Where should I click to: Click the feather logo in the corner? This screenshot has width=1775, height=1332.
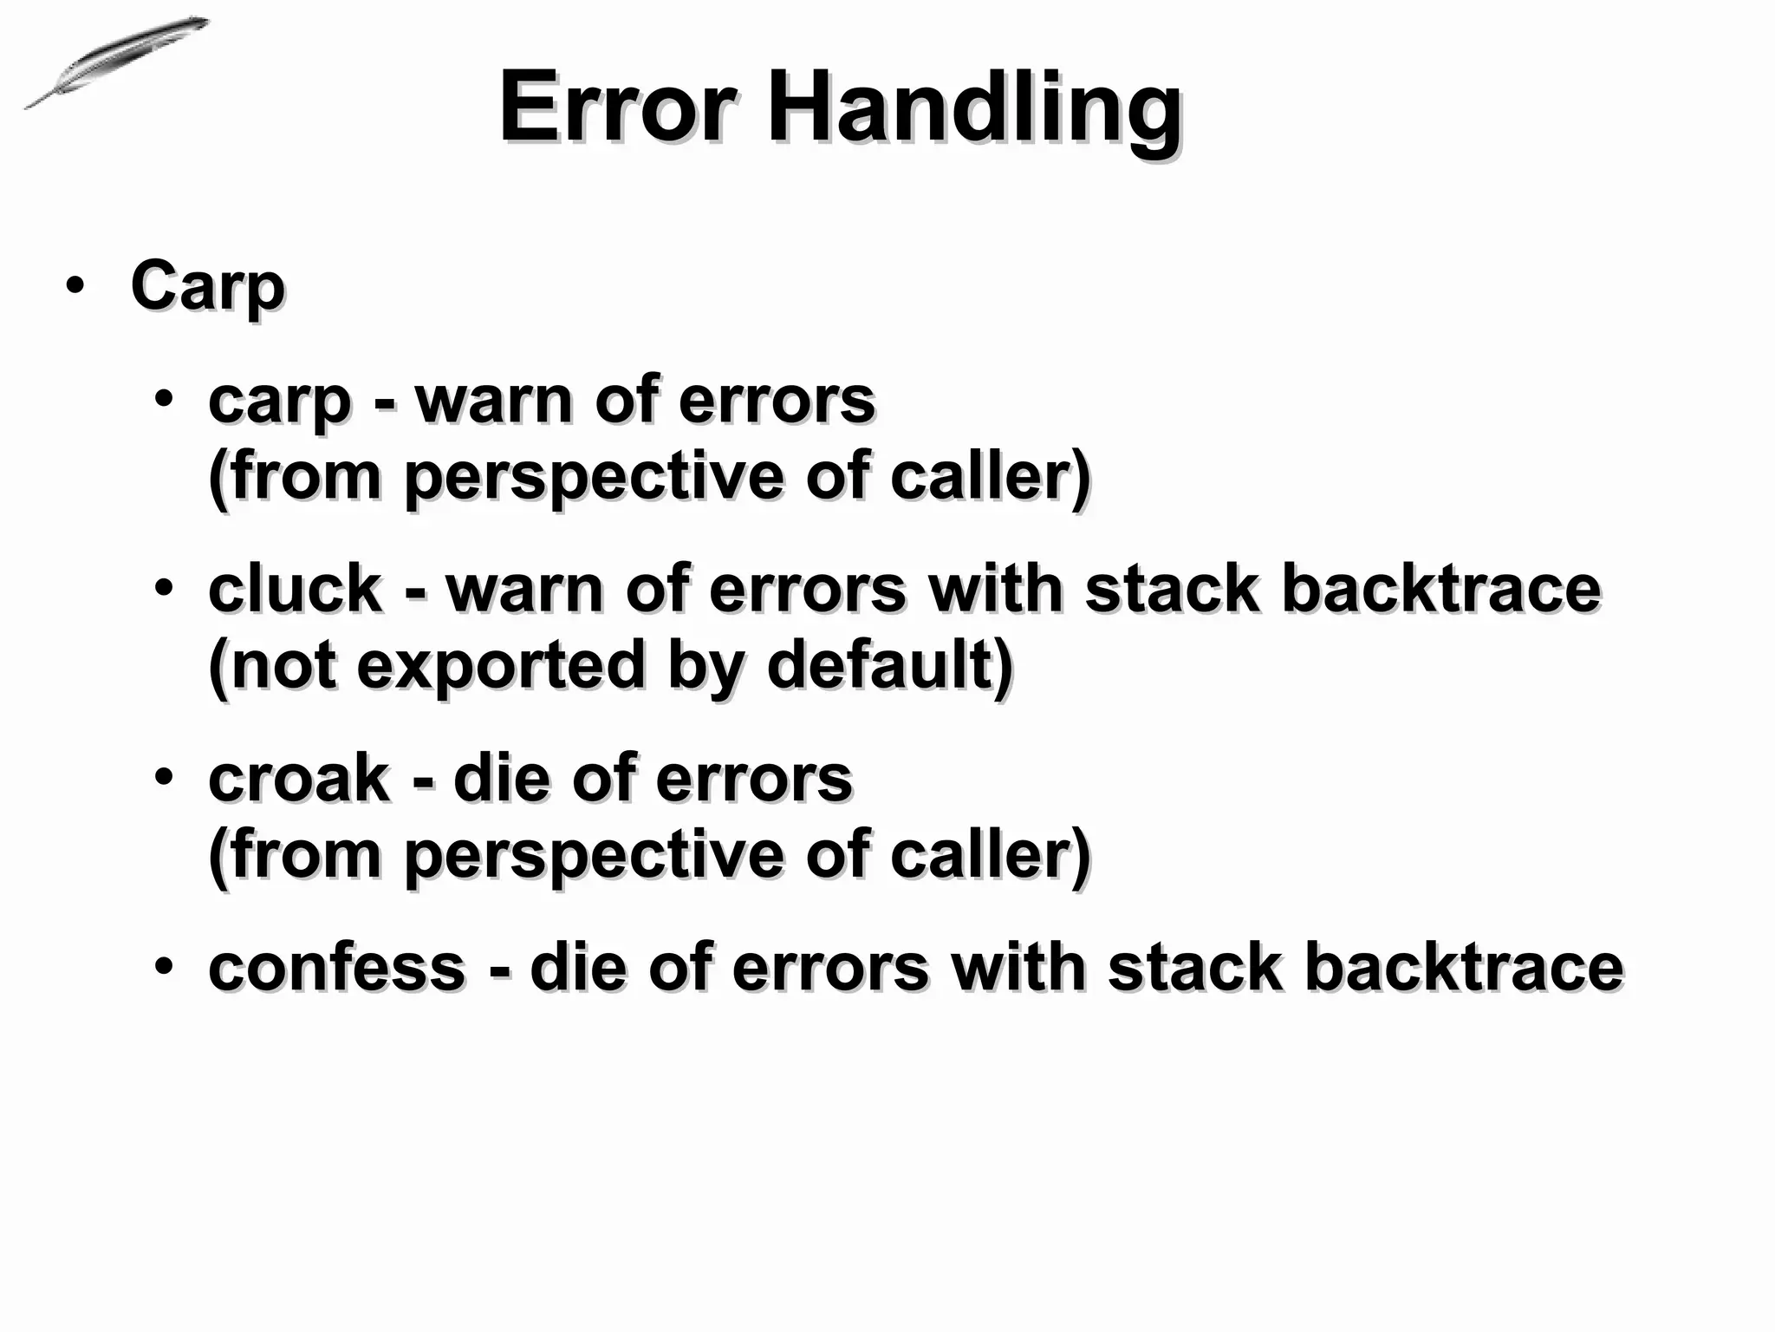pos(116,62)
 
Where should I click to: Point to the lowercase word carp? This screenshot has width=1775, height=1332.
pos(279,402)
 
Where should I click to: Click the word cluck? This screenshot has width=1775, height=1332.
pos(295,589)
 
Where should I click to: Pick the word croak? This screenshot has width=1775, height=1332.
pos(299,778)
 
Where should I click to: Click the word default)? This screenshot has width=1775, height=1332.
pos(890,666)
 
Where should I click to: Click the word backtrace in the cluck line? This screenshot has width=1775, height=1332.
pos(1440,589)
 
